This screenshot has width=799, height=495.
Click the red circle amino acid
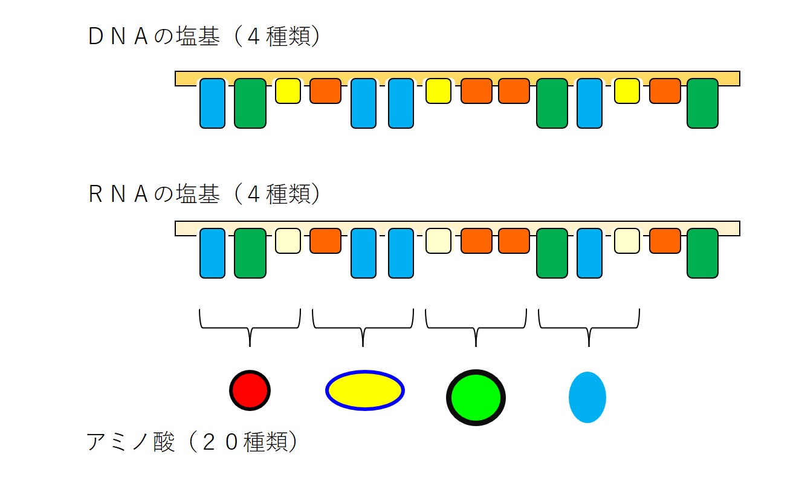coord(250,390)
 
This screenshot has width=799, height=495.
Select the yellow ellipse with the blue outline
coord(365,390)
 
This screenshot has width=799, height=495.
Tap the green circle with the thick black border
coord(476,397)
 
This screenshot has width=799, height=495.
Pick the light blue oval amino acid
coord(587,397)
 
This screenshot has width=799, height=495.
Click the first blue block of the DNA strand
coord(212,103)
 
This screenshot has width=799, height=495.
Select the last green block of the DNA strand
coord(702,103)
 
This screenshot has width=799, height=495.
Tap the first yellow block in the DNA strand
coord(288,91)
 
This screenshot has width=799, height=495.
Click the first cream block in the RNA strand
coord(288,241)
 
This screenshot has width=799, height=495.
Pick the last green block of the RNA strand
coord(702,253)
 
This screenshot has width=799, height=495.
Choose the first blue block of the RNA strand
coord(212,253)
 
